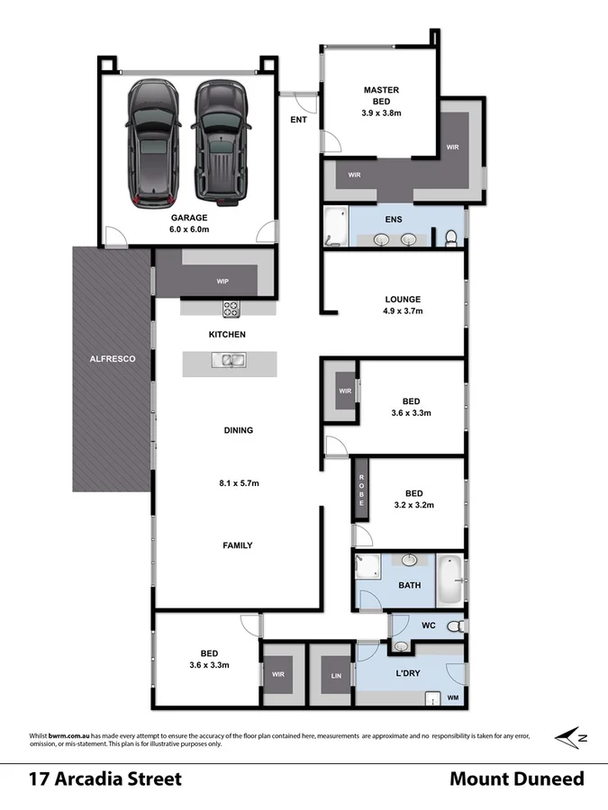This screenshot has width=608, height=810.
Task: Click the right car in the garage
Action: click(217, 141)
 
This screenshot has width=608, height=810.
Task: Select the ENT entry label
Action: click(298, 120)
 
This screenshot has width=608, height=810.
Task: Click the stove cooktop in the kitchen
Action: click(231, 308)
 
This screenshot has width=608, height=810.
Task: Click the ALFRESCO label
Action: click(113, 359)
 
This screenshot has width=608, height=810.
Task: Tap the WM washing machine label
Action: click(453, 697)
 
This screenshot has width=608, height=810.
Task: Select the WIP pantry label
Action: click(222, 282)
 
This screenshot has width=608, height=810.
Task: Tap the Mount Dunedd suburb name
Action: click(516, 778)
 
